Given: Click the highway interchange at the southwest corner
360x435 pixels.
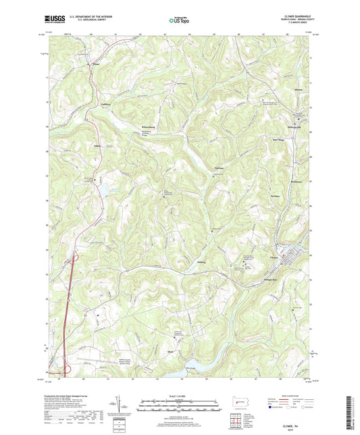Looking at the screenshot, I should coord(68,368).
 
